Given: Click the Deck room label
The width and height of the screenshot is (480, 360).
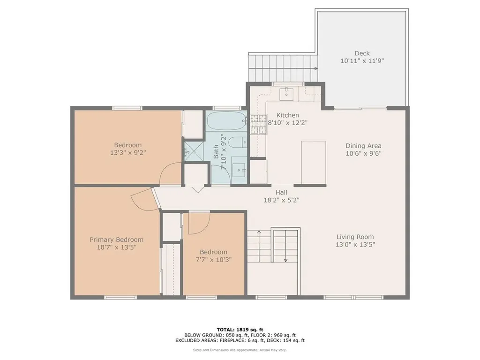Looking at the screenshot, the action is pos(362,53).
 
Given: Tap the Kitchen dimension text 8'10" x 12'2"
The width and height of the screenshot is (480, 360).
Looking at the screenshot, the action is pos(288,123).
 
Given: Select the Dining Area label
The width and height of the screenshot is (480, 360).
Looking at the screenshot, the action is pos(363,146).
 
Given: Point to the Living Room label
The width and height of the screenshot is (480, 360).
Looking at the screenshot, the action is pos(355,237).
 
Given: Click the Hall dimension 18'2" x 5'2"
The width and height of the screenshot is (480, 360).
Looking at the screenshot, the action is pos(282,200).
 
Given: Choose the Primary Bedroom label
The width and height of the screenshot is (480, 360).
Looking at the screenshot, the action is pos(116,240).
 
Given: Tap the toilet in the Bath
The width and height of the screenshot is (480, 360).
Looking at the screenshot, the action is pos(238,142).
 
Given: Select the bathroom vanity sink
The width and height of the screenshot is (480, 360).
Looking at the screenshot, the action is pos(239,169).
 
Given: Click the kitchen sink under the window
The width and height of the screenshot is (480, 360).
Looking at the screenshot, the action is pos(286,93).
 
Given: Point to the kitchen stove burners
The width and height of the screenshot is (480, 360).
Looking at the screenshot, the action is pos(258,124).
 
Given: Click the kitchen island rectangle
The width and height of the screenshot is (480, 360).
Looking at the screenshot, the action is pos(314,163).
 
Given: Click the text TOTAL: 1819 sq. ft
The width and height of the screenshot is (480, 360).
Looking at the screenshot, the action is pos(240,330).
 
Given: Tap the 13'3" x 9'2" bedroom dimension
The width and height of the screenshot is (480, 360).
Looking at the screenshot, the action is pos(128,152).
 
